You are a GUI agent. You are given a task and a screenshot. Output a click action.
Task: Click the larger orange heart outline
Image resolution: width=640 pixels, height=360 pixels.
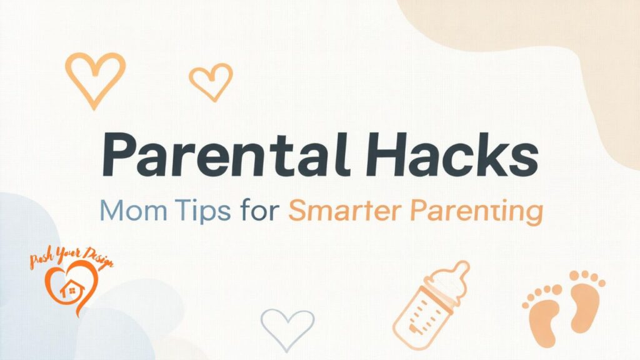click(x=95, y=77)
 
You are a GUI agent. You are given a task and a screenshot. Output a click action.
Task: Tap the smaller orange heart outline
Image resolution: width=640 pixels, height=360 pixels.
click(x=211, y=81)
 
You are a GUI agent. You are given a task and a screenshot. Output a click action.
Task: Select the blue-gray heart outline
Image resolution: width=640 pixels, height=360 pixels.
click(x=287, y=327)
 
